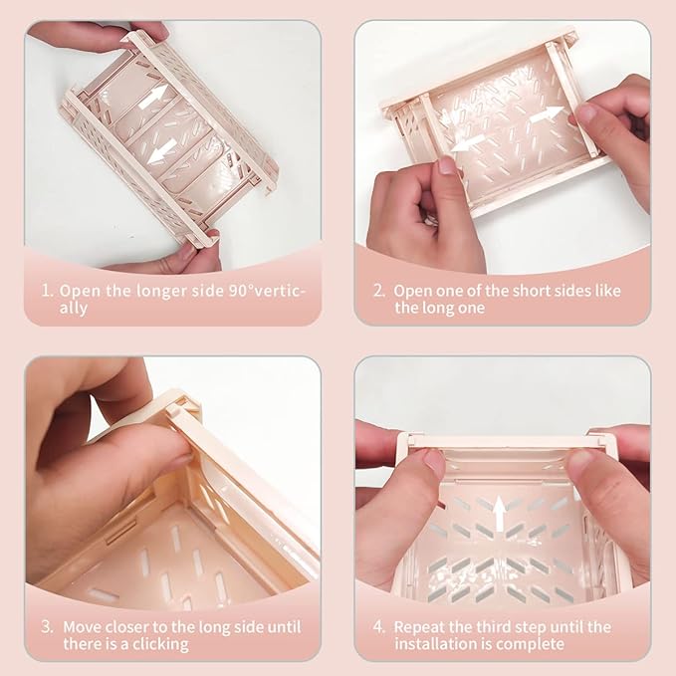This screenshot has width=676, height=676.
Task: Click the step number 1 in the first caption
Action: point(47,290)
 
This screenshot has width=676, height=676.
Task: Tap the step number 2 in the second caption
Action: point(379,290)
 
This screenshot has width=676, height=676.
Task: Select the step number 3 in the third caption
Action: point(47,626)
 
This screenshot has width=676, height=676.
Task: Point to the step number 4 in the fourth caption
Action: point(379,626)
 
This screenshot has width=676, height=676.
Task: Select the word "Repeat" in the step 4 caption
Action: point(418,627)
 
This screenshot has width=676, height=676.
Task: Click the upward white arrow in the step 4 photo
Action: point(499,514)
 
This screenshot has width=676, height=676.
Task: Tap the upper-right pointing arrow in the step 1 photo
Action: point(154,97)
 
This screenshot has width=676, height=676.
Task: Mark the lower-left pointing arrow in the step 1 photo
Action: point(161,152)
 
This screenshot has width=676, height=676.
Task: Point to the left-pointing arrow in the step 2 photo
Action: point(469,142)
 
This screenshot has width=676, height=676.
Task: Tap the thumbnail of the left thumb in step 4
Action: point(434,463)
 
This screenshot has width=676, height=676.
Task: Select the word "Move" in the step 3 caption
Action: point(83,627)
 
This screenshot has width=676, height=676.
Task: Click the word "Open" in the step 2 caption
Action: point(413,292)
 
